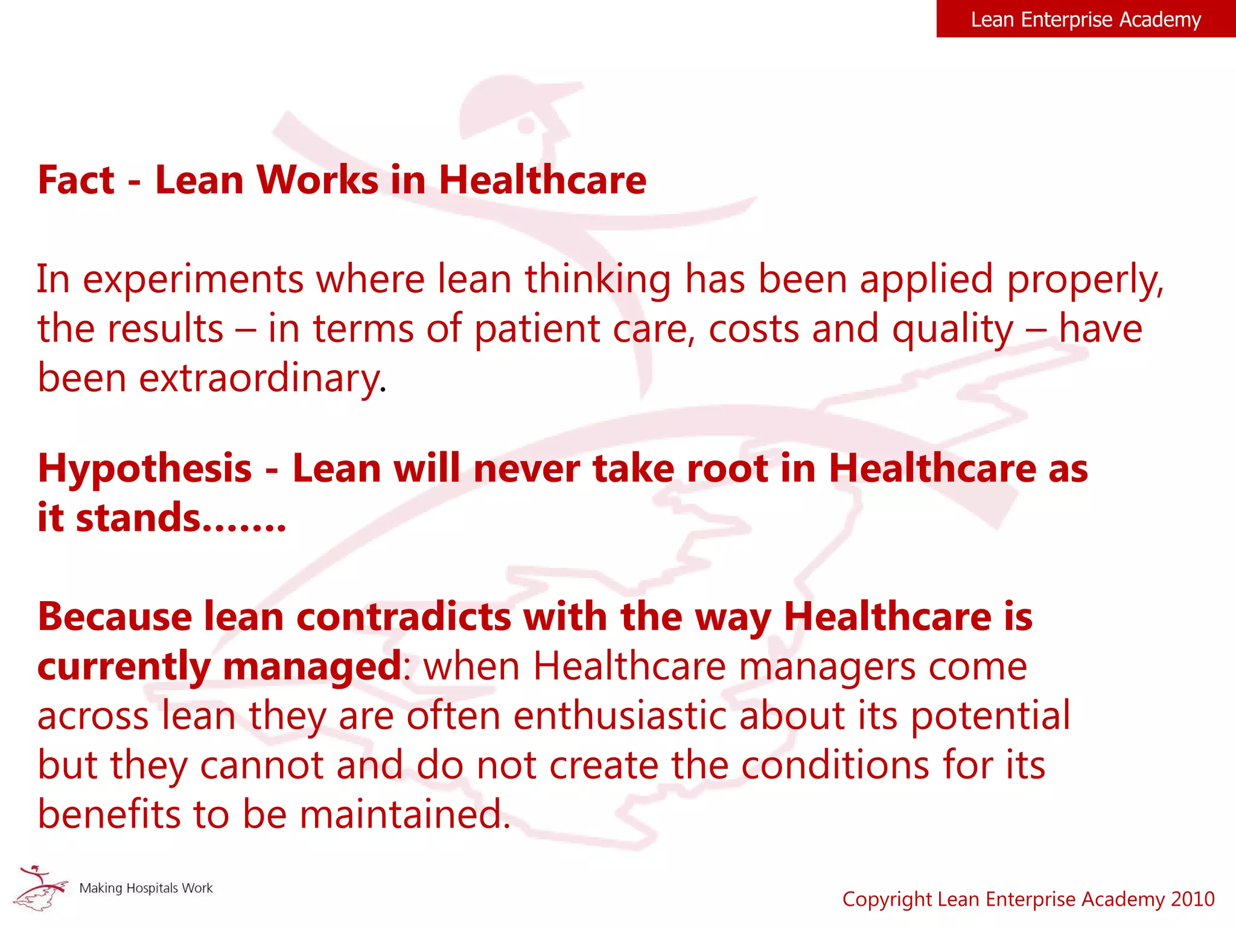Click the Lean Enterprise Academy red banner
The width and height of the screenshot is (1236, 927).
1085,19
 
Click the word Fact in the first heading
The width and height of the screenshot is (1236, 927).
76,180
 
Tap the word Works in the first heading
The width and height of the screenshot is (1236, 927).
318,180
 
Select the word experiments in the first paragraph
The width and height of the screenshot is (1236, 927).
193,279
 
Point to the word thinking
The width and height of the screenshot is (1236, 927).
597,279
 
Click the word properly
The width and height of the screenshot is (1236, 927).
1085,279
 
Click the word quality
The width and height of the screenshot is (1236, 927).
953,330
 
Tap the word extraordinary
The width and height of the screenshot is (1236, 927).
261,379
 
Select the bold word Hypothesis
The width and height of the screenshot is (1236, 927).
145,469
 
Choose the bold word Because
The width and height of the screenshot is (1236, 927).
115,617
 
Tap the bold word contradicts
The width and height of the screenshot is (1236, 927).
404,617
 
